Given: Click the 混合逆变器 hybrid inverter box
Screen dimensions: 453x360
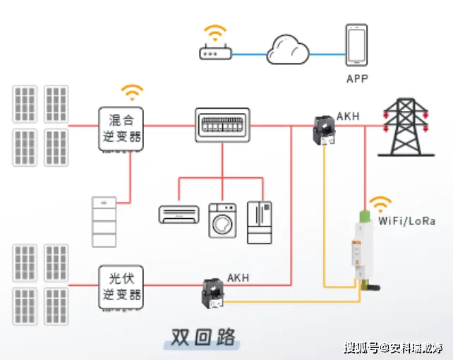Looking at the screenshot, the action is point(121,129).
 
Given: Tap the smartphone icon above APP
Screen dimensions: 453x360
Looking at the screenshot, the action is point(356,45).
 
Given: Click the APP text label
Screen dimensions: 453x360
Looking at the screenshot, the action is point(357,79).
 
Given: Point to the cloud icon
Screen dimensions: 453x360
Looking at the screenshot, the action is point(288,49).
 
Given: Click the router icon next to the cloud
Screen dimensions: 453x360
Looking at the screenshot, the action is point(215,52).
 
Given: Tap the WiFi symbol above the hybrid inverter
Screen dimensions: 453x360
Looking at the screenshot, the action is point(132,92).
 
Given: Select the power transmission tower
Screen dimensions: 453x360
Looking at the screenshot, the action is point(406,127).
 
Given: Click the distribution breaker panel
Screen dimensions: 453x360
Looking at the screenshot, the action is point(222,125).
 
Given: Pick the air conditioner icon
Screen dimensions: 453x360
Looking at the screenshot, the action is point(179,215).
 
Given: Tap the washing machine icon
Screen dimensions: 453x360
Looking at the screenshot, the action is point(222,221).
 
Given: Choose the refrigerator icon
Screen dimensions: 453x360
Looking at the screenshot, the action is point(260,222).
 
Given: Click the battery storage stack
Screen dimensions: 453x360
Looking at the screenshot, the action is point(104,222).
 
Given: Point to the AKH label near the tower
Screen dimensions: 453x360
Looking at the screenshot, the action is point(348,116).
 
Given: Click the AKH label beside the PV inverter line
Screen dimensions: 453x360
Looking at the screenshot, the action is point(238,277).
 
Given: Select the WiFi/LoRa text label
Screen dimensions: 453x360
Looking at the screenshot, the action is point(406,222).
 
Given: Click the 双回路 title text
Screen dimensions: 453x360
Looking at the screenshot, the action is point(203,337).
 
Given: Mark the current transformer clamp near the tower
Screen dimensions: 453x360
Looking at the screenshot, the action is point(324,130).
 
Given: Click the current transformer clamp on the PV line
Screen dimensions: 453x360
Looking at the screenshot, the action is point(212,293).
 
